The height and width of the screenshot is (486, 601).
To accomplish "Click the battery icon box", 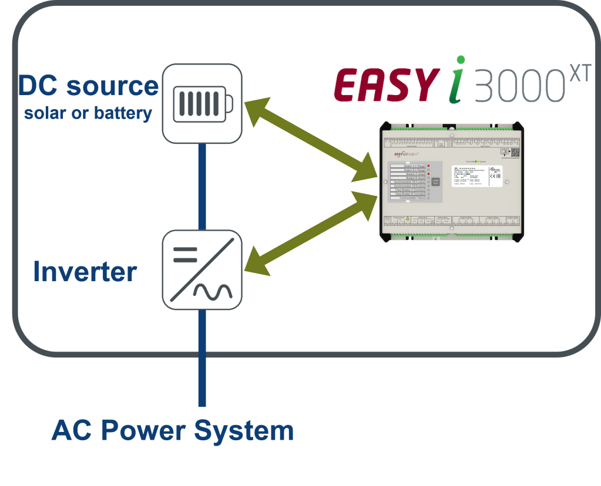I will tap(202, 103).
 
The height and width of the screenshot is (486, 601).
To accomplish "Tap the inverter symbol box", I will tap(202, 270).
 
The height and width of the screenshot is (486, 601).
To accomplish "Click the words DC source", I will tap(88, 86).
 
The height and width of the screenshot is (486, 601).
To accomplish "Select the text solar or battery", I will tap(88, 113).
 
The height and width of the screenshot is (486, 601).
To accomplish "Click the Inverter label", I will tap(85, 272).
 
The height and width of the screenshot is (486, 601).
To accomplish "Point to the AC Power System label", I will tap(172, 430).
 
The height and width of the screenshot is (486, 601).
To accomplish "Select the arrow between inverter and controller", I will tap(311, 232).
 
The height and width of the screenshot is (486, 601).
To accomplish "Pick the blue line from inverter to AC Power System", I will tap(202, 358).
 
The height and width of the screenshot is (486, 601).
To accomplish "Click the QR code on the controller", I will tap(515, 151).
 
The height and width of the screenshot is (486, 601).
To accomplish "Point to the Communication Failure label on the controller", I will tap(411, 198).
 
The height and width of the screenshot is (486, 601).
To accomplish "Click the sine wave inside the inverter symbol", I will tap(214, 290).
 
